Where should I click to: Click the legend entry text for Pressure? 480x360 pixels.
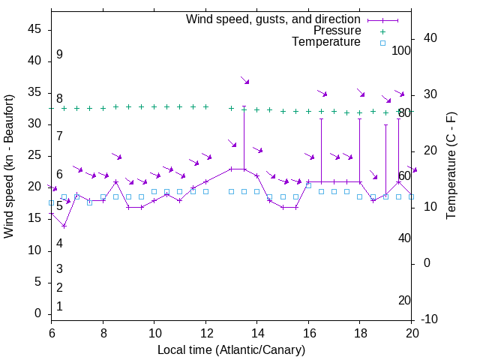337,31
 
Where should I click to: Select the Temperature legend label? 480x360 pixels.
326,42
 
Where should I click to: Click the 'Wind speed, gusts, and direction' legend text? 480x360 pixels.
274,19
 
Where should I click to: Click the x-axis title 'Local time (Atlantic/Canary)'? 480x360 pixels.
232,349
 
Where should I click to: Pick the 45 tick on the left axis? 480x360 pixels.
34,29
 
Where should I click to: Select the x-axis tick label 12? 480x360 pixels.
205,332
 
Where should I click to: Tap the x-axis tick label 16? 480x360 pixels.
308,332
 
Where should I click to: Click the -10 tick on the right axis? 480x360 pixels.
429,319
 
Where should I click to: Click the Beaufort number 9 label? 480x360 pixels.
59,55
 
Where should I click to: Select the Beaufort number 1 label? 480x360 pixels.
59,306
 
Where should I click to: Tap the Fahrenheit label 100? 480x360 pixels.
402,50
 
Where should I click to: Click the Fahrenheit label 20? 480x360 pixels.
404,300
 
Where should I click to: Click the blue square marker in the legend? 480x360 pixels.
382,43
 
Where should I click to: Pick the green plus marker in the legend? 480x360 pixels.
382,31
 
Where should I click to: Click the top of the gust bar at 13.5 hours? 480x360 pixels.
244,107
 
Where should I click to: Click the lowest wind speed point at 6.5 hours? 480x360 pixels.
64,226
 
